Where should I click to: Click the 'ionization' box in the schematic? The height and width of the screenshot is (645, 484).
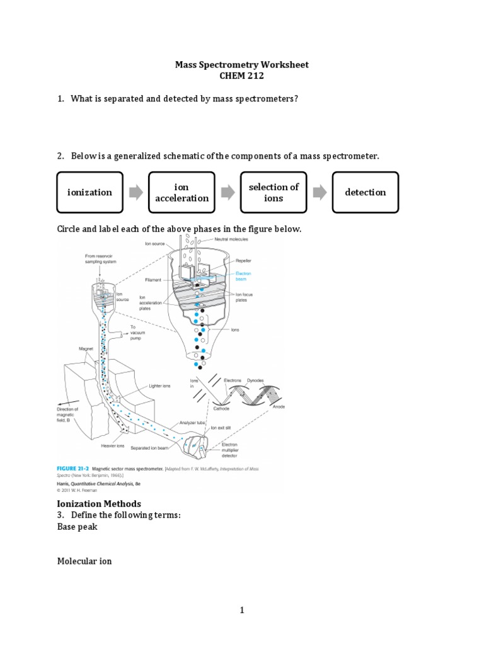[x=90, y=192]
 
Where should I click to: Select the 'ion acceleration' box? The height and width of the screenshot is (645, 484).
[x=181, y=192]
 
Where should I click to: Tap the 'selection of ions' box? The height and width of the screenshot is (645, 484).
[x=274, y=192]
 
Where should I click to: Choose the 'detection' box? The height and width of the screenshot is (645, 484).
[x=366, y=192]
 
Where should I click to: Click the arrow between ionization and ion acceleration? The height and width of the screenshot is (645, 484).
[x=135, y=192]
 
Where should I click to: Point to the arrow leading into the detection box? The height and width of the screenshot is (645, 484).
[x=320, y=192]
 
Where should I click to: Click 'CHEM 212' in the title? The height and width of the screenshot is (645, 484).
[x=241, y=76]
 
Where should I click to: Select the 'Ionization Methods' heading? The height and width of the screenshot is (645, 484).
[x=99, y=503]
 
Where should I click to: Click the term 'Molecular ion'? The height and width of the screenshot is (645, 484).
[x=84, y=561]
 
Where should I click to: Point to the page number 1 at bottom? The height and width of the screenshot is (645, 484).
[x=241, y=610]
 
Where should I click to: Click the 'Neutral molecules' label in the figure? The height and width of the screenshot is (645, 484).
[x=231, y=240]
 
